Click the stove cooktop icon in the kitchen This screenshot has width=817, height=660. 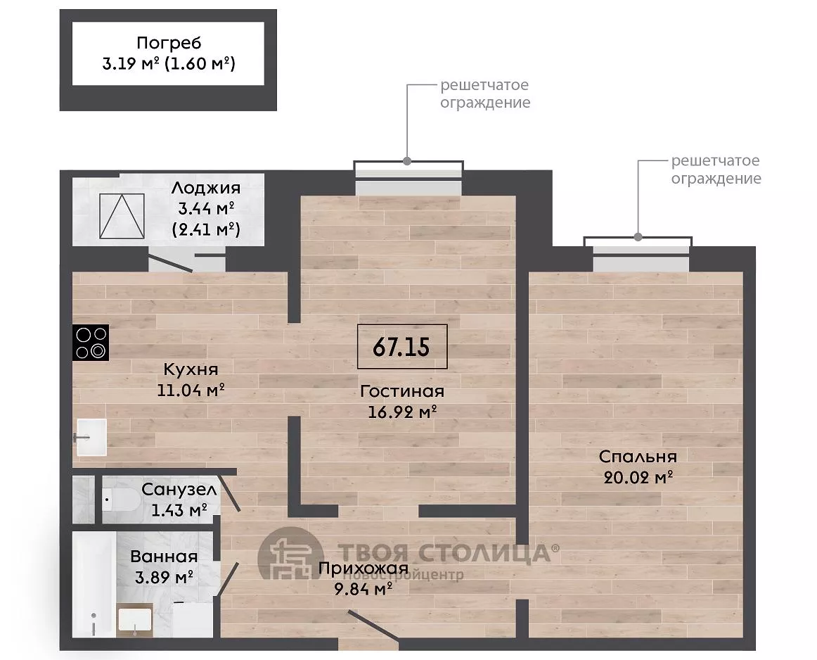click(91, 343)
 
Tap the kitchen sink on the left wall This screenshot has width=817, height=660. click(91, 437)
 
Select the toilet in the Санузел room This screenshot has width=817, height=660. click(120, 500)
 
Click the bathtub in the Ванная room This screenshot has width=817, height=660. click(94, 584)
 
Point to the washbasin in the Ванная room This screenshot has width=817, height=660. click(134, 620)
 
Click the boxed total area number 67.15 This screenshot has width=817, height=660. click(401, 347)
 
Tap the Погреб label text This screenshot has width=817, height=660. click(169, 43)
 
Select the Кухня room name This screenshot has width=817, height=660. click(191, 369)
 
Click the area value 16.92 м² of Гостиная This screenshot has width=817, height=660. click(402, 412)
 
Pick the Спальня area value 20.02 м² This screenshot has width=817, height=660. click(638, 477)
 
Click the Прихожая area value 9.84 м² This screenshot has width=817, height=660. click(364, 589)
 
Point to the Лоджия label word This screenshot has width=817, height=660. click(206, 188)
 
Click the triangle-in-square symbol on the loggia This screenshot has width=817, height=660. click(122, 216)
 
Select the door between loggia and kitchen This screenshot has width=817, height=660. click(170, 262)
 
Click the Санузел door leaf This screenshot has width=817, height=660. click(229, 492)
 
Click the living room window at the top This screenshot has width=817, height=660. click(408, 178)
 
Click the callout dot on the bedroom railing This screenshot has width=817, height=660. click(638, 237)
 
